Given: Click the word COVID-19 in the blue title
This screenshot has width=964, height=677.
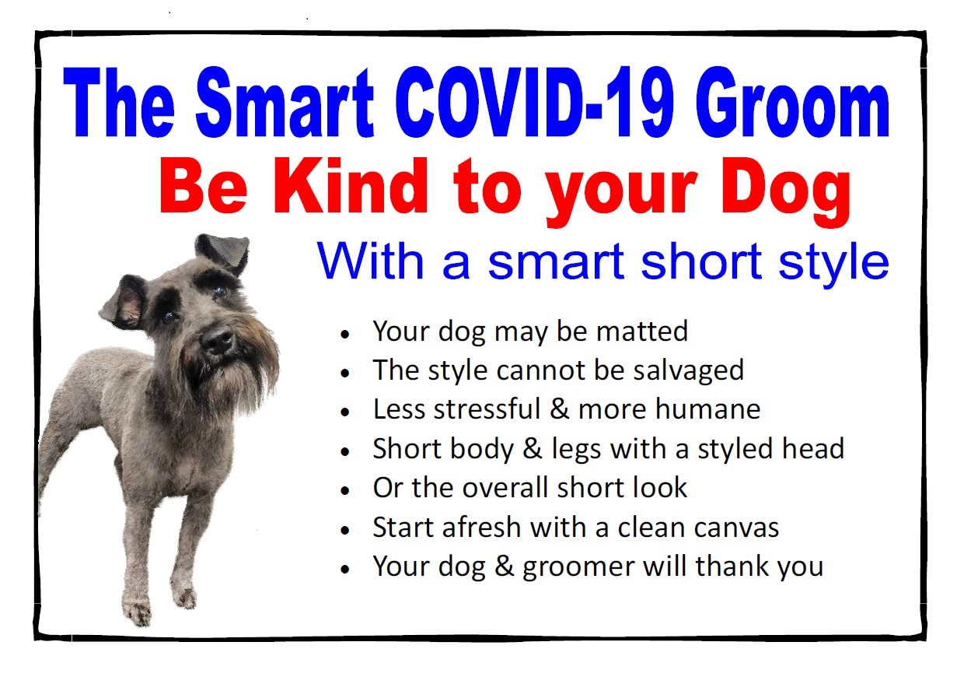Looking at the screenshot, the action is [534, 102].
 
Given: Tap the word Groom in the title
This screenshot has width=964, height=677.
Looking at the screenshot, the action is [792, 102].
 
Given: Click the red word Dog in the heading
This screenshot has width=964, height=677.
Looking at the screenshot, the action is [785, 192].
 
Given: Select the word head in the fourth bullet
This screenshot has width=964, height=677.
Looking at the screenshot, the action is [813, 448].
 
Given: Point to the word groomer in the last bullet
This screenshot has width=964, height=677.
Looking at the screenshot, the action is [578, 567].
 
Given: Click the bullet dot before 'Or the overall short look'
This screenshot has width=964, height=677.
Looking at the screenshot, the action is [345, 491].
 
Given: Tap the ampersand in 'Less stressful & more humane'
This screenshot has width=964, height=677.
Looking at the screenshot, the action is [559, 409].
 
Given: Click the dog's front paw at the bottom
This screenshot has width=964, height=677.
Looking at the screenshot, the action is [138, 610].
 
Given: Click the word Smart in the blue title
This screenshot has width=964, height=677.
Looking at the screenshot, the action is [285, 102].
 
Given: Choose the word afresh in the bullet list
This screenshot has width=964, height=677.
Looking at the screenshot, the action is [481, 527].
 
